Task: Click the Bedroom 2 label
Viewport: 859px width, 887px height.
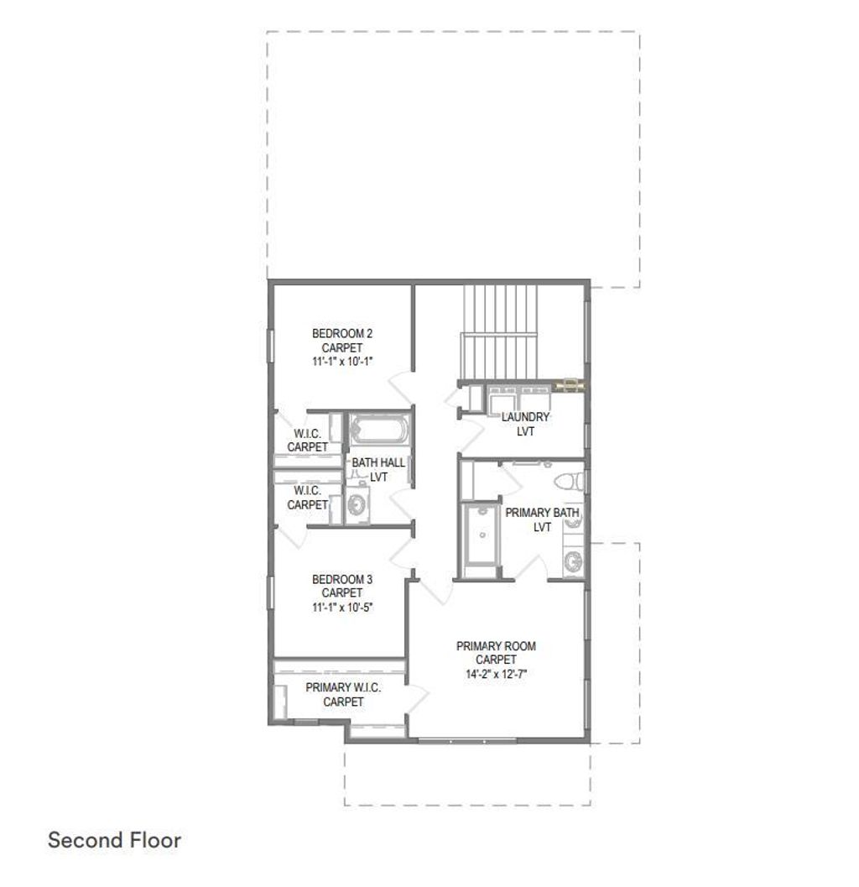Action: (x=342, y=333)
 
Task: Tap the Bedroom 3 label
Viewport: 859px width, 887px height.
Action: (x=342, y=579)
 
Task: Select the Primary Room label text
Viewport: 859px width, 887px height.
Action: (x=496, y=646)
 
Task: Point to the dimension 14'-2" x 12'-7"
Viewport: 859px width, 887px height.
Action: (x=496, y=674)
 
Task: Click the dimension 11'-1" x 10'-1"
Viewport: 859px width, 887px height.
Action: (x=342, y=361)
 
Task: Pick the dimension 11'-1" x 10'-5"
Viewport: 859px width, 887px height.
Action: (x=342, y=607)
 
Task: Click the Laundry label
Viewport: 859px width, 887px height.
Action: (x=526, y=417)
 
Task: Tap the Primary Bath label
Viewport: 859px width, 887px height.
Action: (x=542, y=512)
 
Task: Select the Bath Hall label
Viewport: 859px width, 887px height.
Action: (x=377, y=462)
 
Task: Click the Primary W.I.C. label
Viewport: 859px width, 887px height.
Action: (x=343, y=687)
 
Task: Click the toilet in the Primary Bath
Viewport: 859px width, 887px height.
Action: (x=571, y=480)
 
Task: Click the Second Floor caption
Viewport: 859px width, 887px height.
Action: (x=115, y=840)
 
